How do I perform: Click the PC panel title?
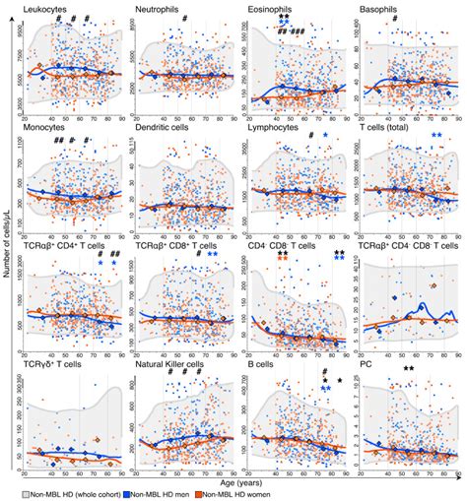[367, 364]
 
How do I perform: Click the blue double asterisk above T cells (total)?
[435, 135]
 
